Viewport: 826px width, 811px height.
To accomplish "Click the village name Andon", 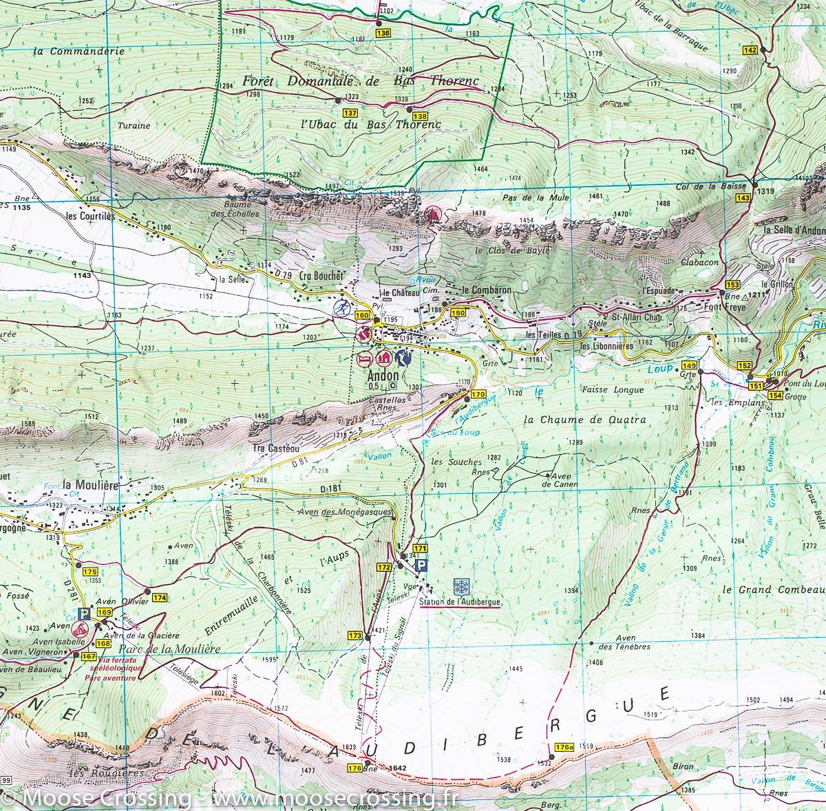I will pyautogui.click(x=383, y=376).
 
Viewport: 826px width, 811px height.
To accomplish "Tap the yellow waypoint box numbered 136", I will pyautogui.click(x=383, y=33).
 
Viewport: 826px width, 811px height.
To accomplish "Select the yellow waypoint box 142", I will pyautogui.click(x=750, y=50).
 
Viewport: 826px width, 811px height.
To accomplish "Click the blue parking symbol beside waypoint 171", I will pyautogui.click(x=422, y=565).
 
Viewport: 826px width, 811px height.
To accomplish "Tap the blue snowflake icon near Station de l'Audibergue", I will pyautogui.click(x=461, y=586).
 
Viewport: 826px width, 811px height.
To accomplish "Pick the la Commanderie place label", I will pyautogui.click(x=78, y=51).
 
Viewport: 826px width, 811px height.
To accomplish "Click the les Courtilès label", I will pyautogui.click(x=89, y=215).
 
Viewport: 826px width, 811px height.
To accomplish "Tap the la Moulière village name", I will pyautogui.click(x=90, y=484).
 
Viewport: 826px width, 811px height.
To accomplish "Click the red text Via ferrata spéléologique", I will pyautogui.click(x=113, y=668).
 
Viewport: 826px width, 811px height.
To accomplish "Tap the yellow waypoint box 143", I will pyautogui.click(x=743, y=198).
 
